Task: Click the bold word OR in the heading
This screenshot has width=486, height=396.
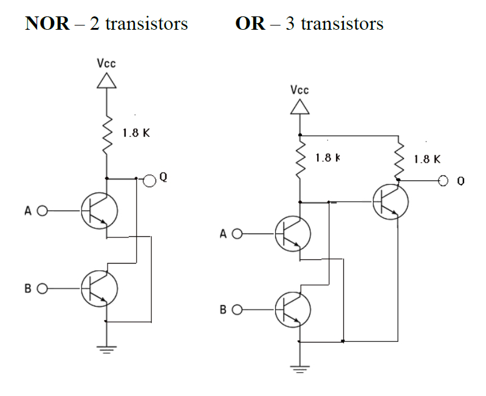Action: (x=250, y=23)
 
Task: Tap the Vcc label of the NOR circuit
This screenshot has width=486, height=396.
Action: (x=106, y=63)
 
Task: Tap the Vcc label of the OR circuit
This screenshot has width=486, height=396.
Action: (x=299, y=90)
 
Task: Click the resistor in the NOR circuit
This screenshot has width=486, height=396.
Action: (x=107, y=134)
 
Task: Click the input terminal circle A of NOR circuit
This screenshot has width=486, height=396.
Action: (x=42, y=212)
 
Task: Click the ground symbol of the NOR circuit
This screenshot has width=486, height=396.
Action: (x=106, y=349)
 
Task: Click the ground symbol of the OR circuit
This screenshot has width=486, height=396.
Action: (x=299, y=368)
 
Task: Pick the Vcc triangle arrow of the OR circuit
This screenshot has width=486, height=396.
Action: (x=299, y=108)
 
